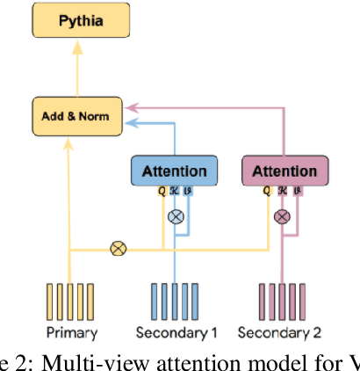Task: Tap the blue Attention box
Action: tap(174, 171)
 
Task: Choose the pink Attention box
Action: tap(284, 171)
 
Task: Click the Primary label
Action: tap(70, 332)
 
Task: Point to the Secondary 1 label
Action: tap(176, 332)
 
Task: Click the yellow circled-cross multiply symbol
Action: tap(118, 249)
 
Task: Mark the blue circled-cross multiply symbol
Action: tap(176, 215)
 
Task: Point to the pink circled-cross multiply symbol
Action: tap(283, 215)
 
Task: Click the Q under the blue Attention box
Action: tap(162, 191)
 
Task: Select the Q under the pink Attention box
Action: tap(267, 191)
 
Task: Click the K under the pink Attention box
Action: tap(281, 191)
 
